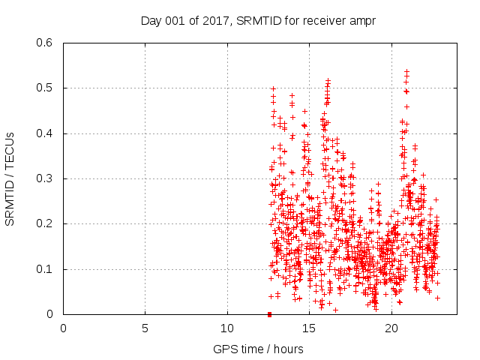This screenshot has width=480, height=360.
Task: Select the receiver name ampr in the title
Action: (x=361, y=20)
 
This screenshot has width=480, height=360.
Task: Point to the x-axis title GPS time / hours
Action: (x=258, y=349)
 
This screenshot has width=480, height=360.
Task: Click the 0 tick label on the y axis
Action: (x=49, y=314)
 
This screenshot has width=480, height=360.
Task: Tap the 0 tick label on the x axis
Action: (x=63, y=328)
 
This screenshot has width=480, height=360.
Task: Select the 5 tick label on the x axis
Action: (x=145, y=328)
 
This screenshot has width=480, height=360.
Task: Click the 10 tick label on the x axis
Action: (x=227, y=328)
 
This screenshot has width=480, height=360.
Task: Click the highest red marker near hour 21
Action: (x=406, y=71)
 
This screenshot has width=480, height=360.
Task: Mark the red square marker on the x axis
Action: (x=269, y=313)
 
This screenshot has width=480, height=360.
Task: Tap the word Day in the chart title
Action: (x=151, y=20)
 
